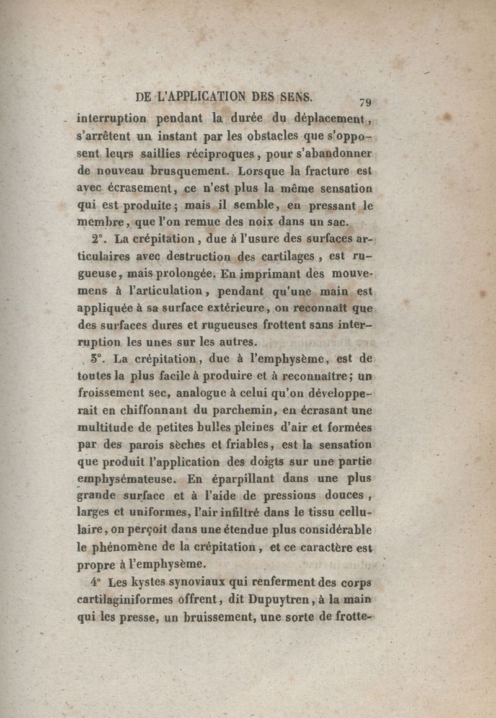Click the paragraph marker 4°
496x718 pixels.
(94, 582)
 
